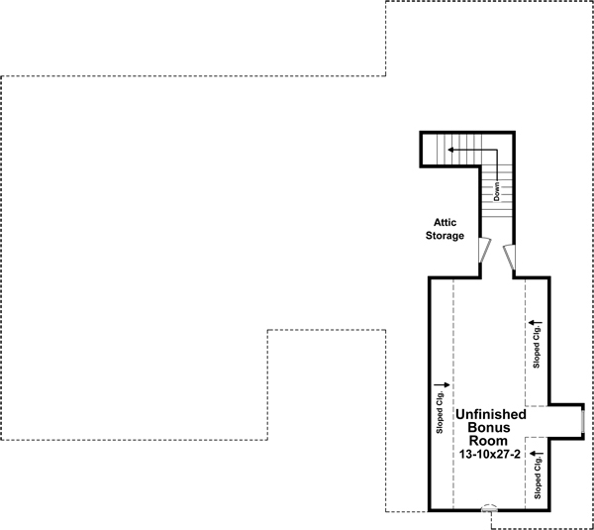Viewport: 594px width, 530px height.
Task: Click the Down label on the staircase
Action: pos(497,189)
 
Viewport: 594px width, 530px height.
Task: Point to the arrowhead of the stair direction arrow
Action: pos(450,150)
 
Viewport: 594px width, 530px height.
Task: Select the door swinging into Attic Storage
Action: pos(485,252)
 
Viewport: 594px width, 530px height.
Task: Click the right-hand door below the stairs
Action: pos(510,257)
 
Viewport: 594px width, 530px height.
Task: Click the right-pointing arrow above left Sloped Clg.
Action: pos(441,383)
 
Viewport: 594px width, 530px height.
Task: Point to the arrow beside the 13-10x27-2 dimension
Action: pos(537,454)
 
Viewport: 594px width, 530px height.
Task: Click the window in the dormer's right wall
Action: pos(582,420)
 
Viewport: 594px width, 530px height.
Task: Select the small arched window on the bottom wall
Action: pos(489,508)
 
